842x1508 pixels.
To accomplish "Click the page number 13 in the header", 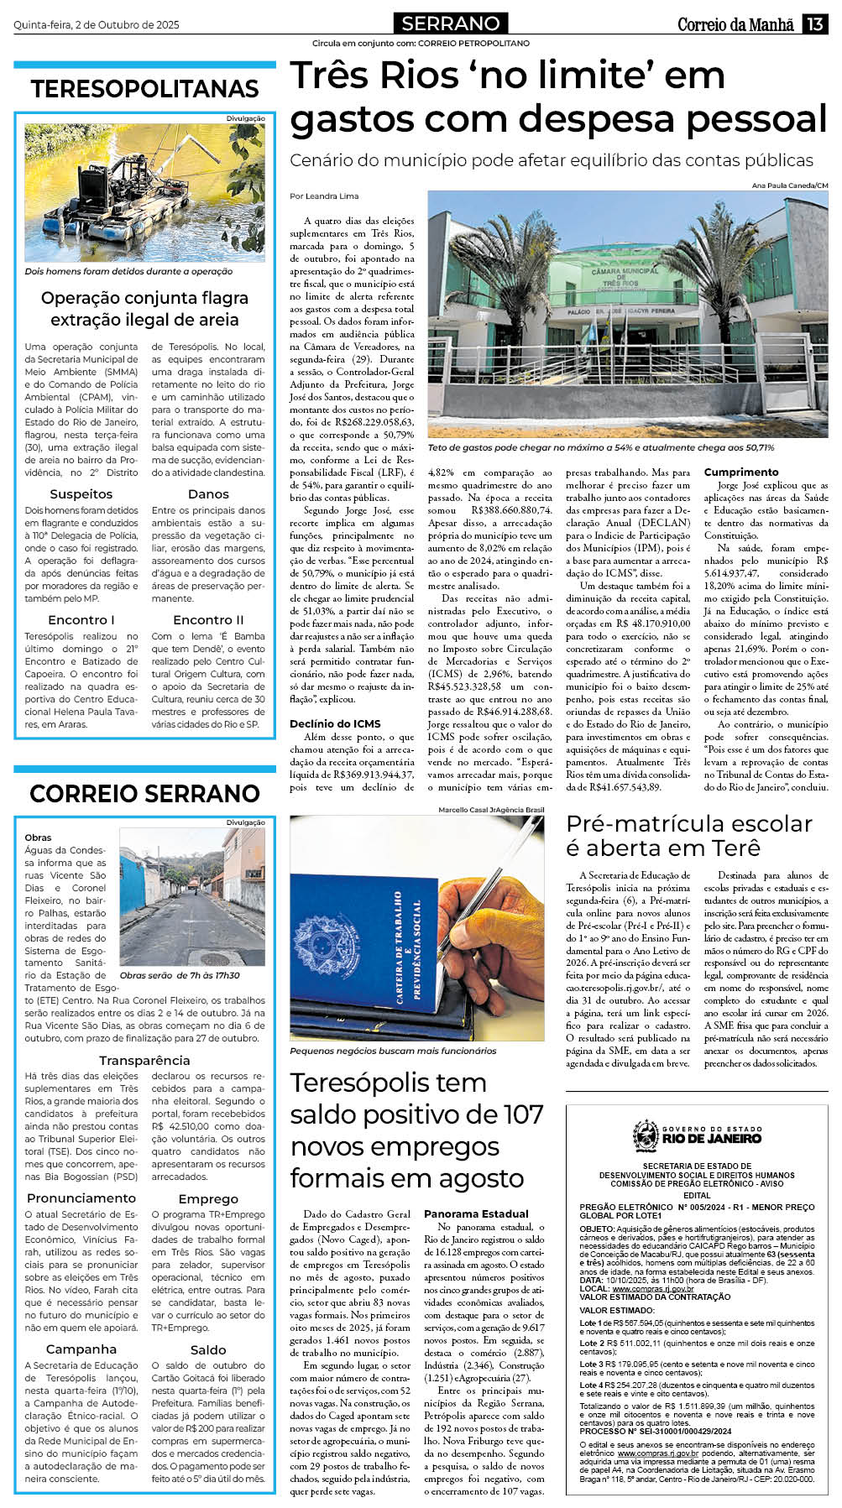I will pos(814,24).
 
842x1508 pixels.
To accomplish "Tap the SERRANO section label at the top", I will pos(450,23).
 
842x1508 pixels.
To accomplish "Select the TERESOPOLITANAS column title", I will pos(144,89).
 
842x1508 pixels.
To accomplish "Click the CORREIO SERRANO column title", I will pos(144,793).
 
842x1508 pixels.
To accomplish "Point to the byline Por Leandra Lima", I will pos(324,196).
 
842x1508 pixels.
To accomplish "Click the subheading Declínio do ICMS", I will pos(335,723).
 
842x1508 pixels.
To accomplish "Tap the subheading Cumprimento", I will pos(741,472).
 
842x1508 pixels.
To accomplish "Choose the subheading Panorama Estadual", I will pos(476,1213).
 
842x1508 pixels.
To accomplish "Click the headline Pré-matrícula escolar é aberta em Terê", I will pos(688,835).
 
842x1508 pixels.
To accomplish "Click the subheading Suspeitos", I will pos(81,494).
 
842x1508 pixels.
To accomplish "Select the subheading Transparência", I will pos(144,1061).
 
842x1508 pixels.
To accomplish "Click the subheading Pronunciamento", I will pos(81,1198).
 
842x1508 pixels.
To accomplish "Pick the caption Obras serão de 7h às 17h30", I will pos(180,975).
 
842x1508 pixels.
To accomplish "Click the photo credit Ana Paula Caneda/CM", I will pos(789,185).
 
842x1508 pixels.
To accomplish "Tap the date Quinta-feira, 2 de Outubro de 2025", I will pos(97,25).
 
